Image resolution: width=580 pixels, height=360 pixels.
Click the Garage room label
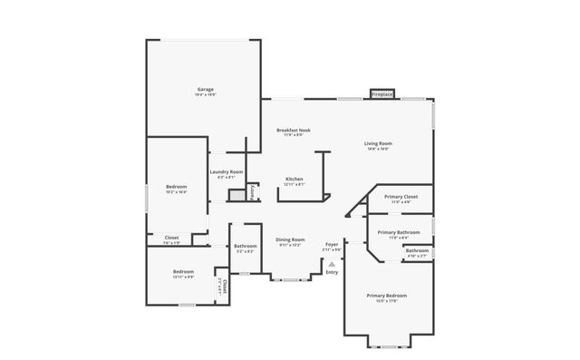(x=206, y=89)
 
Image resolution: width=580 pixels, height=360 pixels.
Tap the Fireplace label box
(x=382, y=93)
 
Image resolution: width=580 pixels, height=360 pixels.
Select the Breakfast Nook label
(x=295, y=131)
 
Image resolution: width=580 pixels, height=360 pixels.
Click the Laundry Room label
(x=226, y=171)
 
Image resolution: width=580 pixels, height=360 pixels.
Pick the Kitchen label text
(x=295, y=180)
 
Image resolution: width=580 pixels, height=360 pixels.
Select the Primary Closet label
(x=400, y=197)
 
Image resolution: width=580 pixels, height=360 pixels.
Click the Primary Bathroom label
(x=399, y=232)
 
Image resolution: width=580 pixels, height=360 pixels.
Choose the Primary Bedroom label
(x=387, y=296)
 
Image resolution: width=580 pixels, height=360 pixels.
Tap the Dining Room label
(x=291, y=240)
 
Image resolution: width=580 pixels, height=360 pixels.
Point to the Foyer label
(x=333, y=244)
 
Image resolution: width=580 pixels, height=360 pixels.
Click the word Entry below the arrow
(x=332, y=272)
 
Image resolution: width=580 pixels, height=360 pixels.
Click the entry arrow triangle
(x=332, y=263)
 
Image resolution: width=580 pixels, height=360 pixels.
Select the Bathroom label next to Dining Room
(x=246, y=246)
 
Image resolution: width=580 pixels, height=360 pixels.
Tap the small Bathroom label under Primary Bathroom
(x=417, y=251)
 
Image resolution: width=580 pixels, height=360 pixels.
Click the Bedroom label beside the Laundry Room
(x=176, y=187)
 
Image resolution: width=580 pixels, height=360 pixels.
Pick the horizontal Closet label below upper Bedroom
(x=171, y=238)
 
